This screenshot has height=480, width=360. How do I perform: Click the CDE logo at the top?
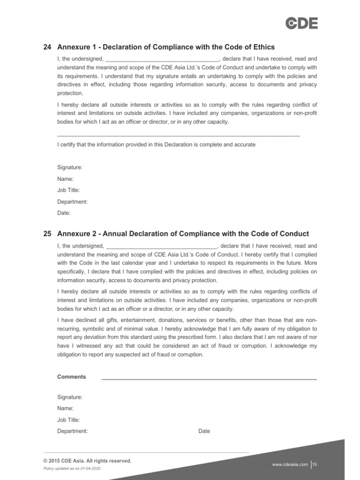302,23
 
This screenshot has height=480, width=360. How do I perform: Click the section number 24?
47,47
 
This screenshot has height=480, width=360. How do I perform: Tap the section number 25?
47,234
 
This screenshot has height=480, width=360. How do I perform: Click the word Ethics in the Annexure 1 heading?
262,47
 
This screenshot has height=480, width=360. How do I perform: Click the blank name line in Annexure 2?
161,246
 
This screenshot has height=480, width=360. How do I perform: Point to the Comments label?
71,377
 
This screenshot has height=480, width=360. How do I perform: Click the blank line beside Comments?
209,378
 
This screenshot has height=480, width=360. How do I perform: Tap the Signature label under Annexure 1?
70,167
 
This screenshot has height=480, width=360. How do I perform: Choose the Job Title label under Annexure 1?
68,190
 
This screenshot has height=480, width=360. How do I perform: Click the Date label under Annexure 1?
64,213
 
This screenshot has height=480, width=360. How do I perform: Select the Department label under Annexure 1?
72,202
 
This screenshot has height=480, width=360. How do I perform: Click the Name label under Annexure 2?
65,409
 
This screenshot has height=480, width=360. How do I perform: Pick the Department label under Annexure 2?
72,431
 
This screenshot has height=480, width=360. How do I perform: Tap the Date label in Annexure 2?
204,431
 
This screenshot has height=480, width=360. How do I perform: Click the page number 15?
315,465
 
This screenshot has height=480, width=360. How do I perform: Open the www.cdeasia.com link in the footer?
290,465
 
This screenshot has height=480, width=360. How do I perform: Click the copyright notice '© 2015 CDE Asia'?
87,461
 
